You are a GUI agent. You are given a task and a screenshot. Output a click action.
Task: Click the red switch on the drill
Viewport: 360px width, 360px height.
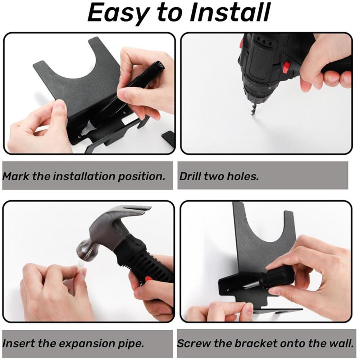point(286,67)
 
